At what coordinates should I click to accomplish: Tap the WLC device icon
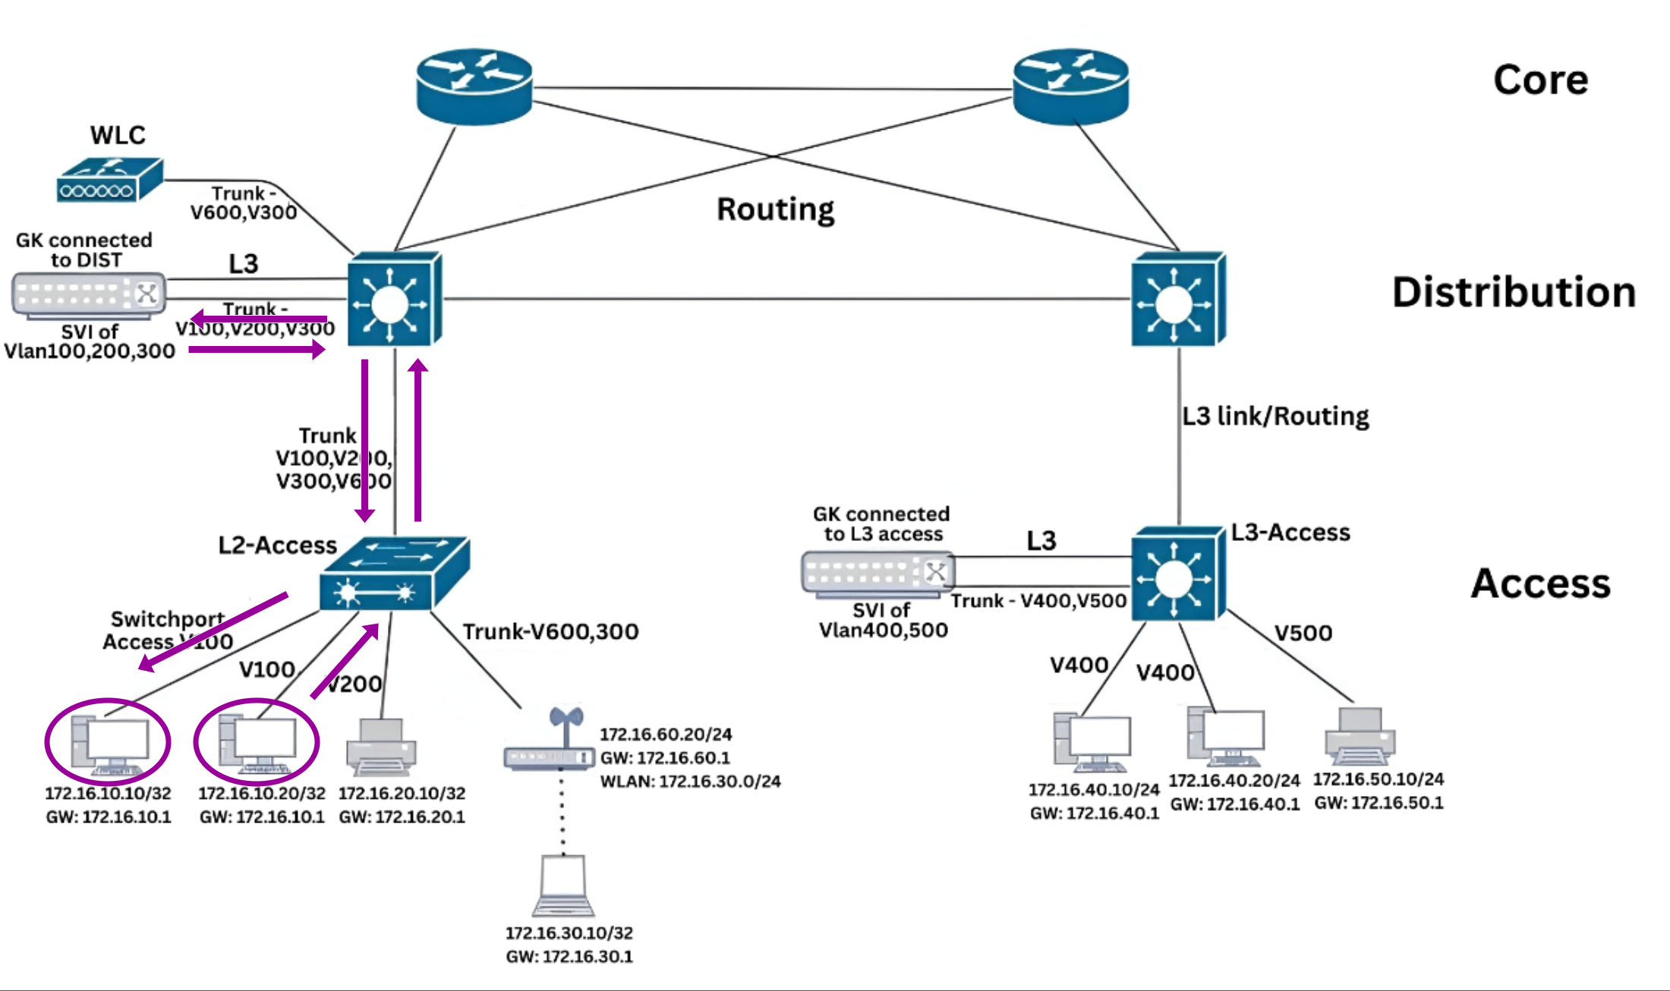point(110,181)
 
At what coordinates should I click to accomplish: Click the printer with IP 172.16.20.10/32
point(381,747)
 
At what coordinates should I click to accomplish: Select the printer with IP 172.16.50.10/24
point(1360,736)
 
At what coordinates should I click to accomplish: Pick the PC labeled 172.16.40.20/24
point(1227,736)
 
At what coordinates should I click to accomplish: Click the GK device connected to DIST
point(89,294)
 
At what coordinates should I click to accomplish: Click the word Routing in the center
point(775,209)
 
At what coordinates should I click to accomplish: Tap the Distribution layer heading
point(1514,292)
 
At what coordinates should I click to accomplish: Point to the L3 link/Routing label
point(1275,416)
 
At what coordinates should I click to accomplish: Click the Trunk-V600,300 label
point(550,631)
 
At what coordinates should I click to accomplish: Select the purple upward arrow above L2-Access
point(417,440)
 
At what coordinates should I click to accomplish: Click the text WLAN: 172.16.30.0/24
point(690,781)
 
